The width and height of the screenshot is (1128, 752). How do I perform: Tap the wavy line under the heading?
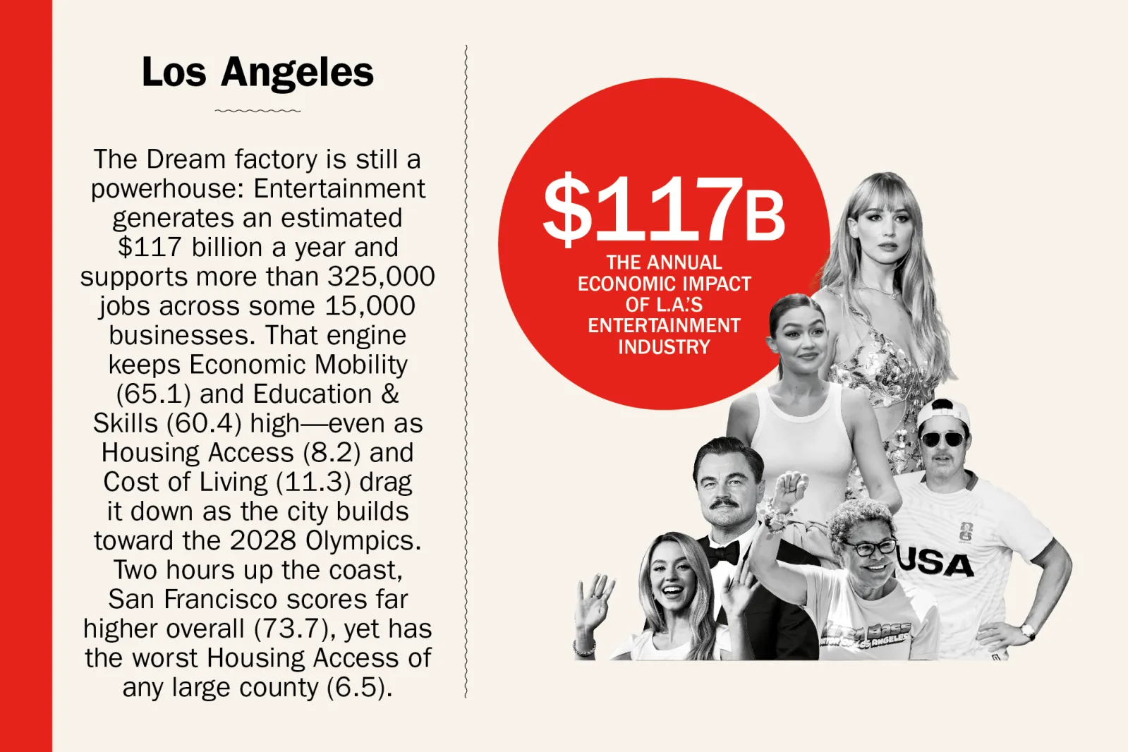257,111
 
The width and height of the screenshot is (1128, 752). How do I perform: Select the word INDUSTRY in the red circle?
664,347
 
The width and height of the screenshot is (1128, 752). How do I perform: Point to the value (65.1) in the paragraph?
154,394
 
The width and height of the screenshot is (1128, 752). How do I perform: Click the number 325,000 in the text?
381,276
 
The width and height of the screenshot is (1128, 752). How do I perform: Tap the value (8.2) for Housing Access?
332,452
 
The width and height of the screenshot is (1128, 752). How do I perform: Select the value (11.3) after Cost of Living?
313,482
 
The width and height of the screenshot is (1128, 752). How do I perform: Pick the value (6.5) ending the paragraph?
358,688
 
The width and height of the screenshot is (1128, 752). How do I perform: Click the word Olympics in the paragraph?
363,541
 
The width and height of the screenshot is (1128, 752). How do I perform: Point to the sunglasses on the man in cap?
942,439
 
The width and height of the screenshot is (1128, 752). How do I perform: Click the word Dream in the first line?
186,159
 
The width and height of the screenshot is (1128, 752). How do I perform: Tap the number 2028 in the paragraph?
263,541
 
